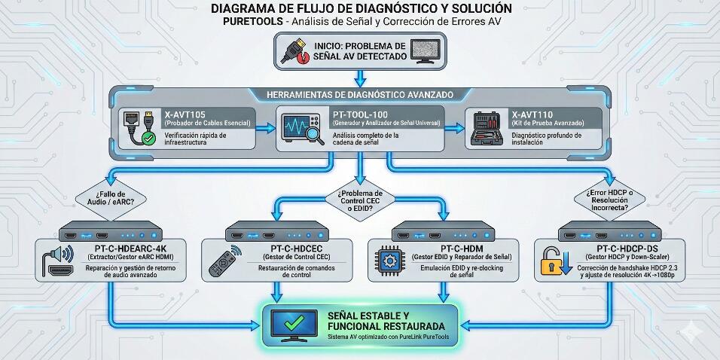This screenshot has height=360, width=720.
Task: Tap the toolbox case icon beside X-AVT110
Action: pos(487,129)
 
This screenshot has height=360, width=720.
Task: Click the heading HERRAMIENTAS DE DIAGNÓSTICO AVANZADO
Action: pos(360,95)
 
